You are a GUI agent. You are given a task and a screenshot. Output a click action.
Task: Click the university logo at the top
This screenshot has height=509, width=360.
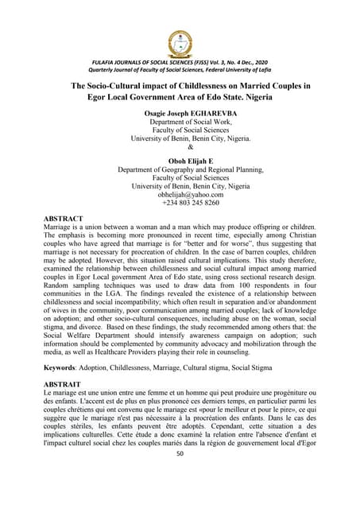pyautogui.click(x=180, y=45)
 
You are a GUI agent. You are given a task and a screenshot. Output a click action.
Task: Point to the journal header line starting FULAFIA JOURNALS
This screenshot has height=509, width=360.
pyautogui.click(x=180, y=62)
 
